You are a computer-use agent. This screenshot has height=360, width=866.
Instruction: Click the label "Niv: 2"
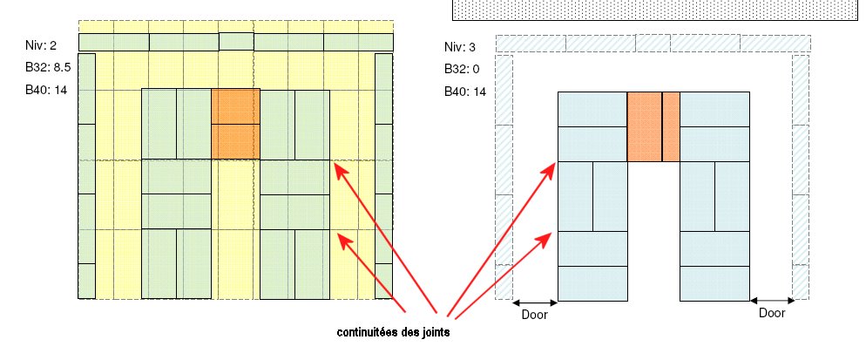pos(41,44)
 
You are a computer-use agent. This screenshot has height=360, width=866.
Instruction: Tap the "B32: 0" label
pos(462,69)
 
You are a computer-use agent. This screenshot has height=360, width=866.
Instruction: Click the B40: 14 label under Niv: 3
pos(464,92)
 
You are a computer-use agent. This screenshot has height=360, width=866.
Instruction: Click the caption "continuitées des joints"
pos(394,333)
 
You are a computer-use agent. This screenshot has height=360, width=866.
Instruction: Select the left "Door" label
pos(534,316)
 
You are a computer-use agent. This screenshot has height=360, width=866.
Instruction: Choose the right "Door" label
pos(772,312)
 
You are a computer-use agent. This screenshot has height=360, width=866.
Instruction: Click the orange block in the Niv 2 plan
pos(235,123)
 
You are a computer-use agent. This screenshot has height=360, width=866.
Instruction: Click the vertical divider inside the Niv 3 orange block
pos(662,126)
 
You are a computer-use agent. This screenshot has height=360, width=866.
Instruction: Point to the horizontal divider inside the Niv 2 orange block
pos(235,124)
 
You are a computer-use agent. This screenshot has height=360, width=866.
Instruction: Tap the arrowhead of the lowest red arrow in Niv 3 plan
pos(551,233)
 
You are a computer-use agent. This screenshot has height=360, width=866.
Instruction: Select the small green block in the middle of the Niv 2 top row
pos(235,42)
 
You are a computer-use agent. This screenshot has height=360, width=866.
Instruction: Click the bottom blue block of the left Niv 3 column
pos(592,282)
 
